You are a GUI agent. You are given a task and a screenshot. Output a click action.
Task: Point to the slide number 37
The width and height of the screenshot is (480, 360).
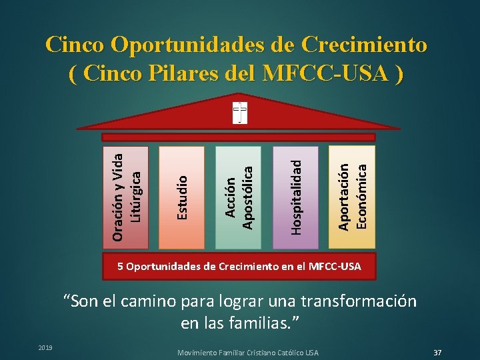pos(438,351)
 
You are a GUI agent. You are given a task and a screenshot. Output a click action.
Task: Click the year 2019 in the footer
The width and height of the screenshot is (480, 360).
pos(45,347)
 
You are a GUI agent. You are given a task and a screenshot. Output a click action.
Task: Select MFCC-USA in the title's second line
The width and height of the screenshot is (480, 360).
pos(323,73)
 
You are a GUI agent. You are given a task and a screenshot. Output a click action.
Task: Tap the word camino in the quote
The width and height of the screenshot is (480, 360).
pos(149,301)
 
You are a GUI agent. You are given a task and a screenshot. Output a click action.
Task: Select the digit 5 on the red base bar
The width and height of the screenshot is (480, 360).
pos(121,267)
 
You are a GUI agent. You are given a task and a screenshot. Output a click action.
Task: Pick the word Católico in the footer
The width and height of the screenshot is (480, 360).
pos(288,352)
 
